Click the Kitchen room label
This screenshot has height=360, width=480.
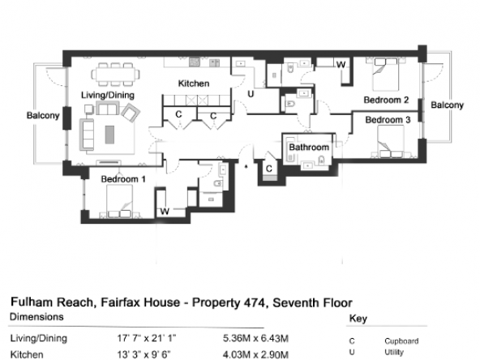pyautogui.click(x=194, y=84)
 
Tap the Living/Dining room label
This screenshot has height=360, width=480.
pyautogui.click(x=108, y=95)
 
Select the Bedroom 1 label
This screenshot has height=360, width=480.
pyautogui.click(x=123, y=179)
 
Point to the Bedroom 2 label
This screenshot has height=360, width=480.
pyautogui.click(x=386, y=100)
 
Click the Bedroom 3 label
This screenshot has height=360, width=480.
pyautogui.click(x=388, y=120)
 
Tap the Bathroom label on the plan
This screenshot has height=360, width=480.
pyautogui.click(x=309, y=148)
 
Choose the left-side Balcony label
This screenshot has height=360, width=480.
pyautogui.click(x=43, y=115)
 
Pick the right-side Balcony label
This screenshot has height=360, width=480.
pyautogui.click(x=447, y=105)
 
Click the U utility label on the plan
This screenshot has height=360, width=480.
pyautogui.click(x=251, y=94)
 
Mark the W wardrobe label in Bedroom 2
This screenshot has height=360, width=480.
pyautogui.click(x=341, y=65)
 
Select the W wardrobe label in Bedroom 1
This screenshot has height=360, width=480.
pyautogui.click(x=165, y=212)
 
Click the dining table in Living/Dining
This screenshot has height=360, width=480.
pyautogui.click(x=115, y=75)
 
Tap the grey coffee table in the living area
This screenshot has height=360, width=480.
pyautogui.click(x=110, y=135)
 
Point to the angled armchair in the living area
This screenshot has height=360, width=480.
pyautogui.click(x=131, y=113)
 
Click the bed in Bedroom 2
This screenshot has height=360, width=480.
pyautogui.click(x=386, y=75)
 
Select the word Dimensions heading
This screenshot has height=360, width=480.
pyautogui.click(x=36, y=316)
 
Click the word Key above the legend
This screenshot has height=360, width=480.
pyautogui.click(x=358, y=319)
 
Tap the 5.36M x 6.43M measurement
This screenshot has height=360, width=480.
pyautogui.click(x=255, y=339)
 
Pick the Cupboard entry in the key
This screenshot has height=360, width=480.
pyautogui.click(x=401, y=341)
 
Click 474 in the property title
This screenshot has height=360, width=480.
pyautogui.click(x=255, y=302)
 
